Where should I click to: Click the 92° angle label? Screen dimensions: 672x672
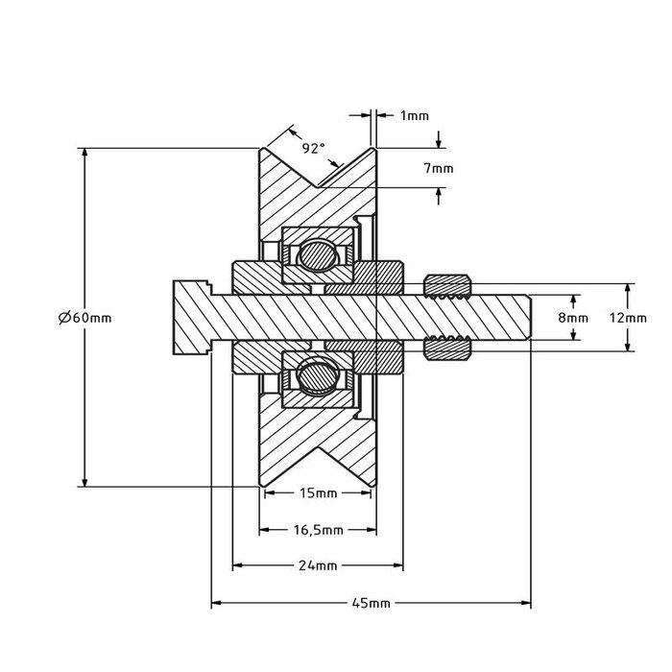tap(313, 148)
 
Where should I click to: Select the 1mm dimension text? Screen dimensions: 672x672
tap(414, 115)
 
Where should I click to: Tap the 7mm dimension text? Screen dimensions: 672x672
tap(439, 168)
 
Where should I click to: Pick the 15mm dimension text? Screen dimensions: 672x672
tap(318, 494)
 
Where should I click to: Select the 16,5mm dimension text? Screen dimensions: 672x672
tap(318, 529)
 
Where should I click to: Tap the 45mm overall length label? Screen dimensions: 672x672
tap(371, 604)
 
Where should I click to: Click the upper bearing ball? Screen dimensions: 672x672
tap(316, 255)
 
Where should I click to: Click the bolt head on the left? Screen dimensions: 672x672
tap(191, 317)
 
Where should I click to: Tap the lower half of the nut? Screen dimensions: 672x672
tap(445, 349)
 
